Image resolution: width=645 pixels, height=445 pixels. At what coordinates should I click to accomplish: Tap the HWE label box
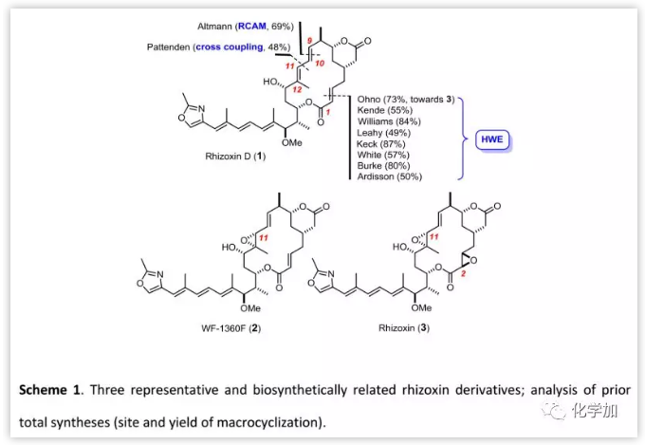click(494, 141)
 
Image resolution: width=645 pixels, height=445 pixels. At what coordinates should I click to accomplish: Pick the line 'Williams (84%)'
click(389, 121)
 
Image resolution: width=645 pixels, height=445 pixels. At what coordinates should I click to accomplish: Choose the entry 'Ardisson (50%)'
click(390, 176)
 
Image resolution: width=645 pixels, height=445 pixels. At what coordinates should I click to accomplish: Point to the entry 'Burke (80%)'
click(382, 164)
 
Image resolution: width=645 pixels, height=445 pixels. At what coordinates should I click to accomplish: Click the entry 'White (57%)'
click(382, 154)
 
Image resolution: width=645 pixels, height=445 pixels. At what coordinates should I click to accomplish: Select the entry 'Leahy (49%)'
click(383, 132)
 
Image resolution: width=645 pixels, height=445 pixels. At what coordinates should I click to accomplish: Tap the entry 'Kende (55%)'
click(383, 110)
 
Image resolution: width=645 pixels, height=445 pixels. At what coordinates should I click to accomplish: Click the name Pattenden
click(168, 46)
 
